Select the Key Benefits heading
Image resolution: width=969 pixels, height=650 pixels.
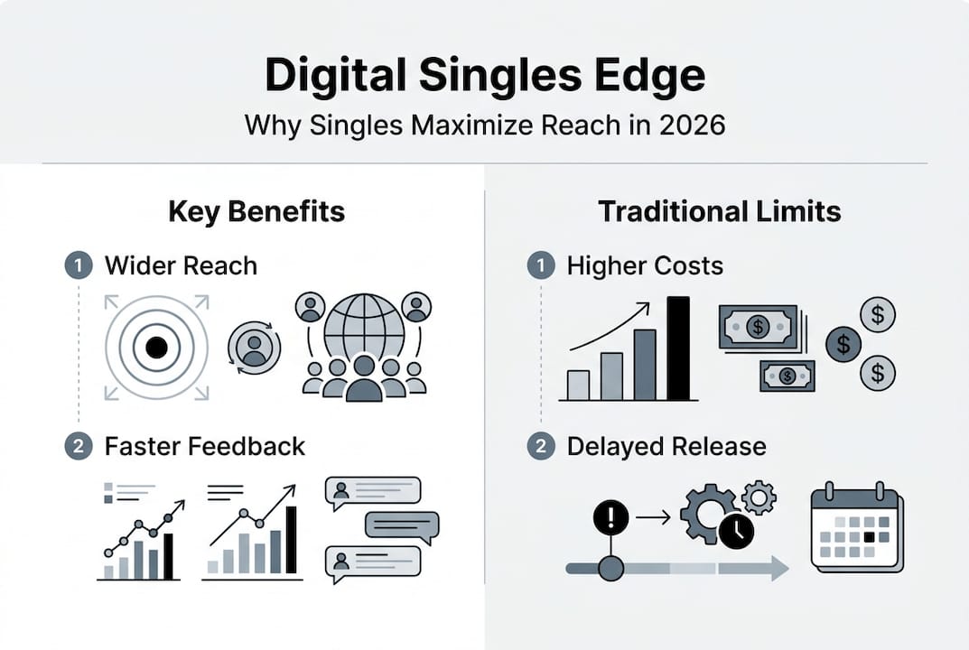click(x=256, y=212)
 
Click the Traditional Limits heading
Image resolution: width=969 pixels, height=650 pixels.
click(x=720, y=212)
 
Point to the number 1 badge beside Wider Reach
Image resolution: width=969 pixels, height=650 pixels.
click(x=78, y=265)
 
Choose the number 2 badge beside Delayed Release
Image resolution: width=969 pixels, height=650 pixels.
click(x=540, y=446)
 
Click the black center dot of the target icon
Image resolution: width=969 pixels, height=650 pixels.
click(x=156, y=347)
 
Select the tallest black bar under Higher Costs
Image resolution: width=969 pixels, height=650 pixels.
click(x=677, y=348)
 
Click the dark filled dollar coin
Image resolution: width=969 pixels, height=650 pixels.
click(x=843, y=344)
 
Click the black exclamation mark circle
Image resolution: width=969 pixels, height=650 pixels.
click(x=610, y=517)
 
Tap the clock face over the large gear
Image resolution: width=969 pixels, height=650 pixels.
click(x=737, y=531)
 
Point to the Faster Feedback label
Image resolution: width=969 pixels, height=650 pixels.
click(x=205, y=446)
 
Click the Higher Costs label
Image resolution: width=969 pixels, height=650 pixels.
click(x=645, y=265)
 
